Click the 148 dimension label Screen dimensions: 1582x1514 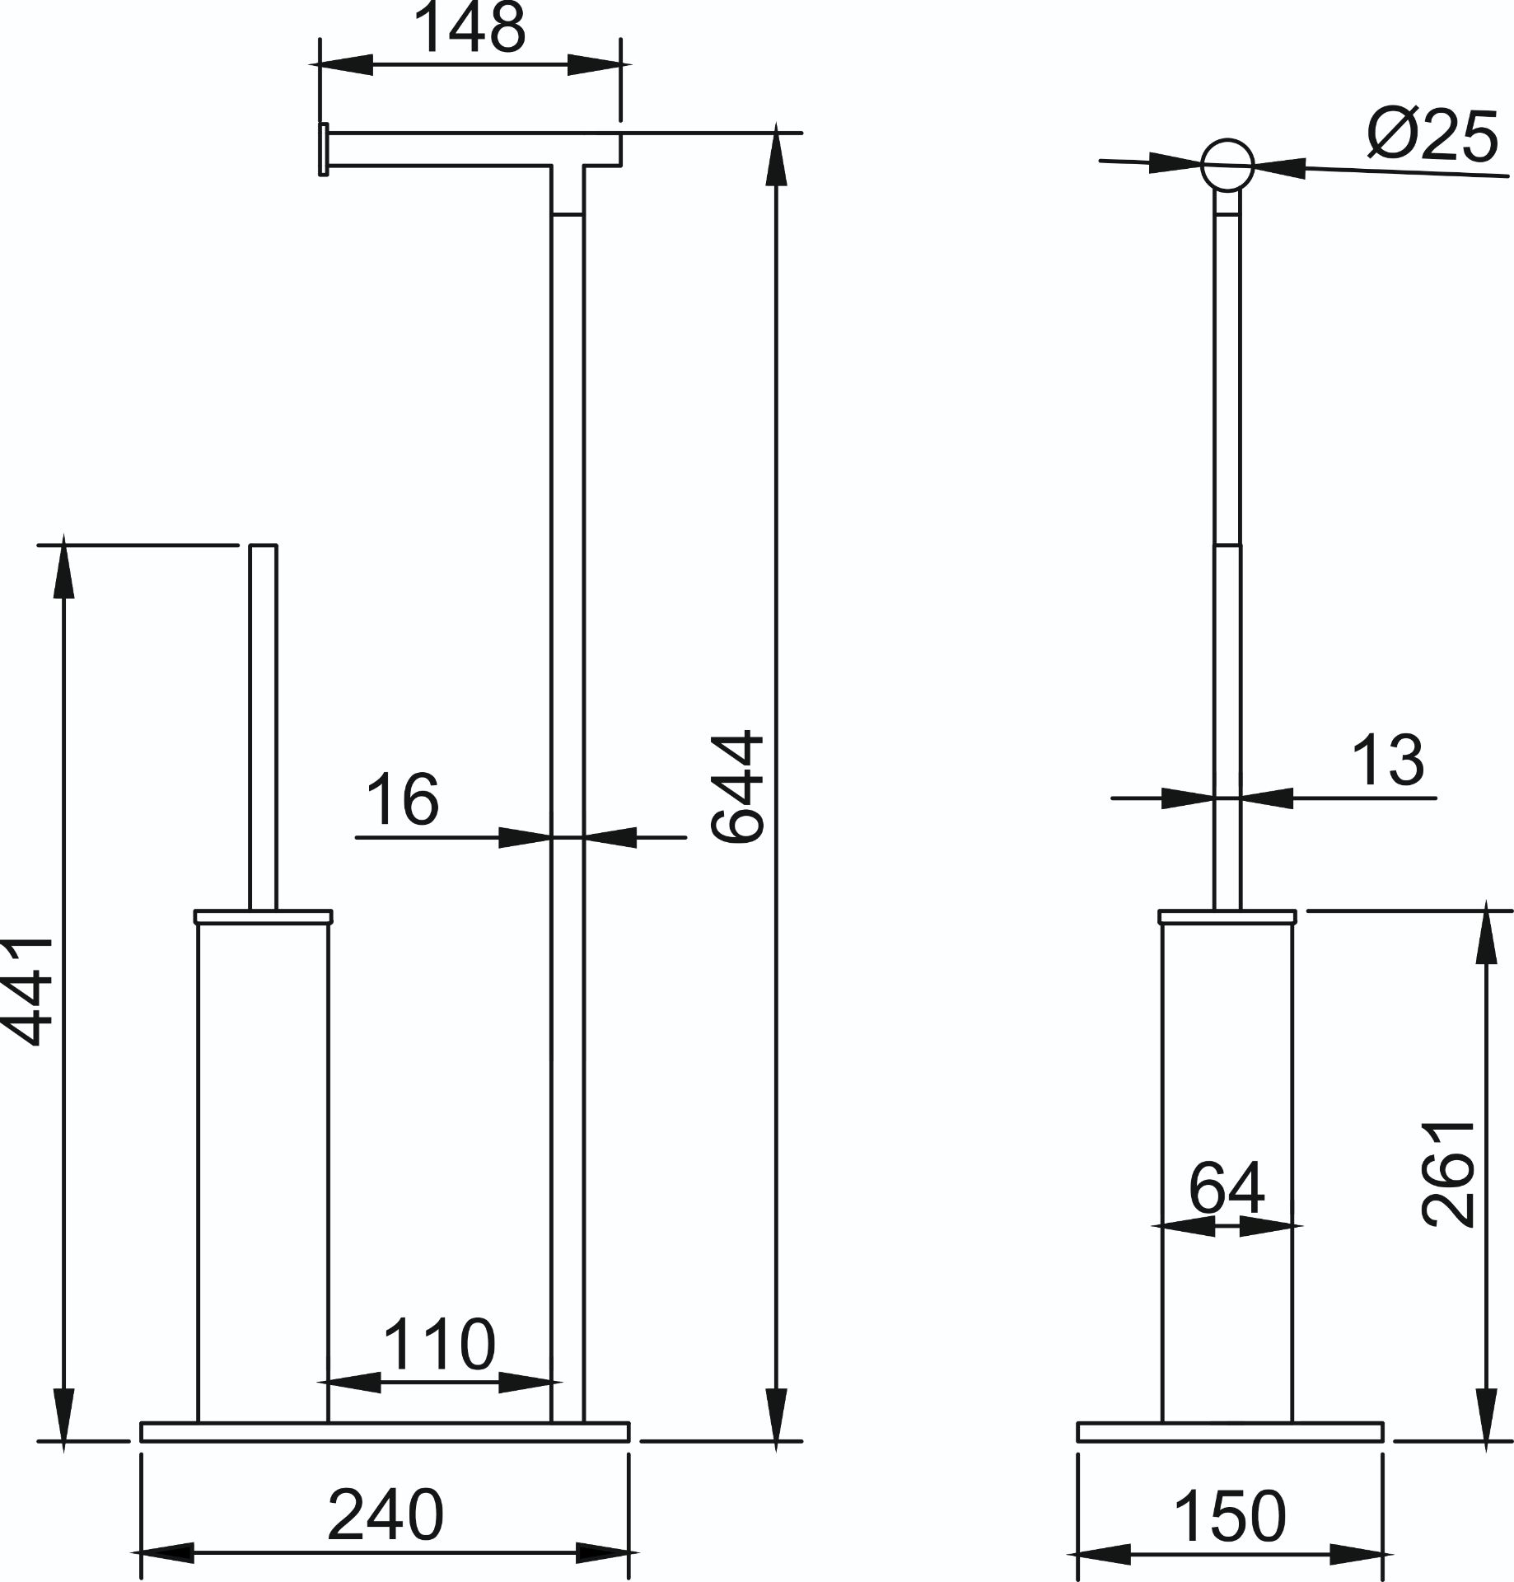pos(469,28)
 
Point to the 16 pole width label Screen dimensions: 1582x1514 pos(402,799)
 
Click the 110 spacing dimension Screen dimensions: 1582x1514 pos(440,1345)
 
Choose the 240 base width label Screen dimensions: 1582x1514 pos(386,1514)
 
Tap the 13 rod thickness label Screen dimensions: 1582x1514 pos(1388,761)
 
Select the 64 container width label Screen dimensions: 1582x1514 pos(1227,1187)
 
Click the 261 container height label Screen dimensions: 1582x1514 pos(1449,1173)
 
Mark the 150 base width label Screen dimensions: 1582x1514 pos(1229,1515)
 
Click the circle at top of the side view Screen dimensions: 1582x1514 pos(1227,166)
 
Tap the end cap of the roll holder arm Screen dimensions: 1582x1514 pos(324,149)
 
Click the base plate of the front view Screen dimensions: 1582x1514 pos(385,1431)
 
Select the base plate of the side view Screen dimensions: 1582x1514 pos(1230,1431)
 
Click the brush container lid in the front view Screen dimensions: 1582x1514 pos(264,916)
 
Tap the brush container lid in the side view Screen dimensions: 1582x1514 pos(1227,916)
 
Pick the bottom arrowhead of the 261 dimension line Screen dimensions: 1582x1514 pos(1487,1416)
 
